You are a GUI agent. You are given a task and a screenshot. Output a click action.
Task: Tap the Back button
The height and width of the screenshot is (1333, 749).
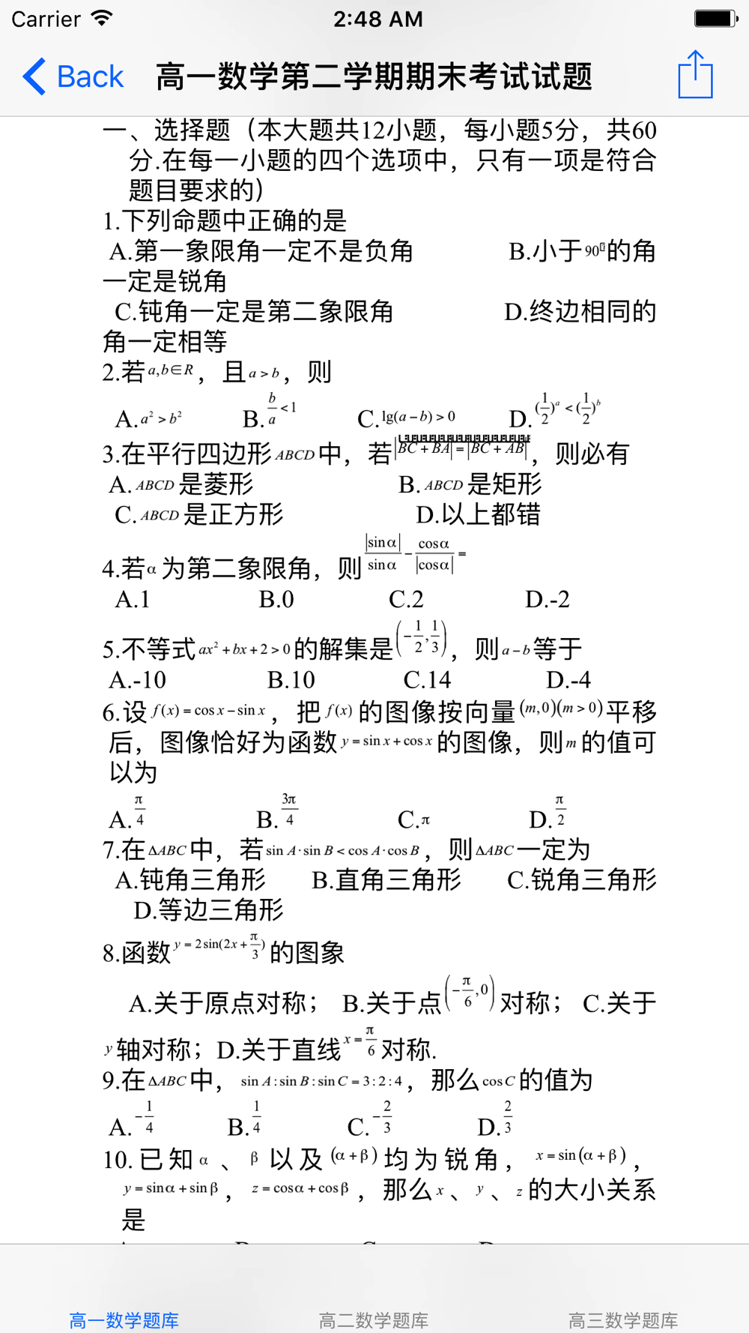(73, 76)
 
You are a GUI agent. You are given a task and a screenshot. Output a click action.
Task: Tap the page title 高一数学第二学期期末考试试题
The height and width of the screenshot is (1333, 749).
(374, 76)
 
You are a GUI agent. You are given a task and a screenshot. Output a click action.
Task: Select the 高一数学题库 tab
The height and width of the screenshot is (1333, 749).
(124, 1320)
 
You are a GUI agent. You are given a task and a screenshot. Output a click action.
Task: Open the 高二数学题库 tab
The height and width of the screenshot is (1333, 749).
(374, 1320)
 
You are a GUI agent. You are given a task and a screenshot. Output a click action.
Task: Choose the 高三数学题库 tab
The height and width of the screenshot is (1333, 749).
(623, 1320)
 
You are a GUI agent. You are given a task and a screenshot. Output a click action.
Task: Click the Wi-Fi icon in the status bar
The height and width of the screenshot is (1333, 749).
(102, 18)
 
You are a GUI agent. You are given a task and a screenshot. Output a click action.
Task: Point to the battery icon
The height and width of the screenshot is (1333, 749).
(715, 18)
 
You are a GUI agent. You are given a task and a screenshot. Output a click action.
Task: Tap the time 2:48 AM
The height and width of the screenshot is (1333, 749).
(377, 19)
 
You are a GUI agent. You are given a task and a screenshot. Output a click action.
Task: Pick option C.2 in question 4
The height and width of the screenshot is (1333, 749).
(406, 600)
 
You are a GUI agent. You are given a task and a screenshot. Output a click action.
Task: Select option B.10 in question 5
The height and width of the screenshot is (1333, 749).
(291, 680)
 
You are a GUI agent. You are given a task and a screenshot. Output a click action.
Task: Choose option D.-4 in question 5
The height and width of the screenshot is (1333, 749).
(568, 680)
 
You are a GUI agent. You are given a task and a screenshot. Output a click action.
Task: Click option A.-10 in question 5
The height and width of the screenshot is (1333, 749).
(138, 680)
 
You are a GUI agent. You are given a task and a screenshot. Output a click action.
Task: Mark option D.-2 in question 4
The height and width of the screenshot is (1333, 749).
(548, 600)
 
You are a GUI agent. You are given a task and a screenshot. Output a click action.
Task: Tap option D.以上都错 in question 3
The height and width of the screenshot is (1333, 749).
(479, 515)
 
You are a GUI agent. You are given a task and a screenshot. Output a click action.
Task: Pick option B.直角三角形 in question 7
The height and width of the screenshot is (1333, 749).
(386, 879)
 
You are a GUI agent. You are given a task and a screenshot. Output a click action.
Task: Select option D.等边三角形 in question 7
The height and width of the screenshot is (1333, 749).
(209, 910)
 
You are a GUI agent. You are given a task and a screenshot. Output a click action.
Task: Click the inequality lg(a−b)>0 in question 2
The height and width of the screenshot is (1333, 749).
(418, 417)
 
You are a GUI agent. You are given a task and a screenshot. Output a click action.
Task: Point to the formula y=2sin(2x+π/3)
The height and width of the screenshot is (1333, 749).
(219, 946)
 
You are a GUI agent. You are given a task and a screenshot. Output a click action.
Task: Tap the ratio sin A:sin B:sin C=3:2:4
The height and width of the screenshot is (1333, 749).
(321, 1081)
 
